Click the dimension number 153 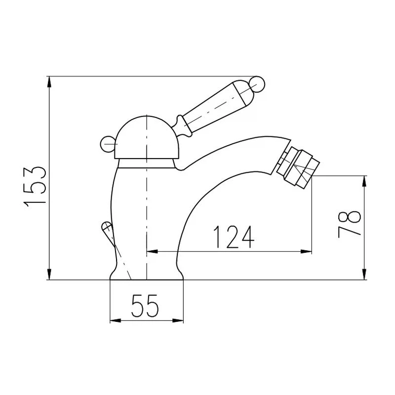pos(35,187)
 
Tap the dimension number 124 pos(234,237)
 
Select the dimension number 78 pos(349,225)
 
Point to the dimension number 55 pos(145,305)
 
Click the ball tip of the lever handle pos(257,84)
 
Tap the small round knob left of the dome pos(108,144)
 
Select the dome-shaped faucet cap pos(147,138)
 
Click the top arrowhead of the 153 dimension pos(49,81)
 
